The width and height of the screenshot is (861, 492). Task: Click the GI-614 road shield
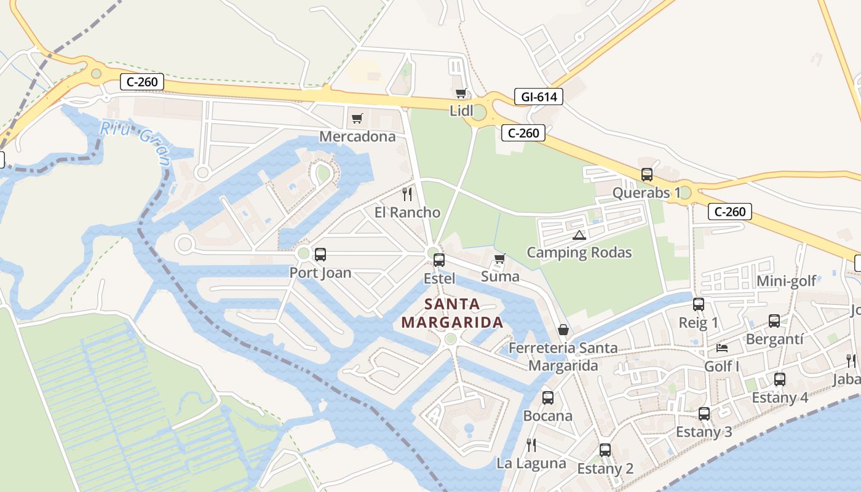[539, 97]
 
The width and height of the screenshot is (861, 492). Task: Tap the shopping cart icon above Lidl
[461, 93]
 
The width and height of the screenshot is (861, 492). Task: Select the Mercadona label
[357, 137]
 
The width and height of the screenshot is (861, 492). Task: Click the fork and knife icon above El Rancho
[407, 194]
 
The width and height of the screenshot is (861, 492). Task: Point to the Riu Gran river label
[136, 143]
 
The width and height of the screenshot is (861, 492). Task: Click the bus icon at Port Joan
[320, 255]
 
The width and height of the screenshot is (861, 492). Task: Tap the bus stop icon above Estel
[439, 260]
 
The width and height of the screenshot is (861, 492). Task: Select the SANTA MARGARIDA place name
[452, 313]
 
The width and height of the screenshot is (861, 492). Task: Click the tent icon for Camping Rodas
[579, 235]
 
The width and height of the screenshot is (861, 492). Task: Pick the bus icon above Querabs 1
[647, 175]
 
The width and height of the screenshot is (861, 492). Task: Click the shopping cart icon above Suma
[499, 258]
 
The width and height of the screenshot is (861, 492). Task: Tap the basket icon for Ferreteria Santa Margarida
[563, 330]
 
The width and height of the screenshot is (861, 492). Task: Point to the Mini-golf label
[786, 281]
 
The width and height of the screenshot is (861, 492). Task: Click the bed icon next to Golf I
[722, 348]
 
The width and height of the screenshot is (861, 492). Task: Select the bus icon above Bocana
[548, 398]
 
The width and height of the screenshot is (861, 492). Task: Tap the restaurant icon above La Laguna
[531, 445]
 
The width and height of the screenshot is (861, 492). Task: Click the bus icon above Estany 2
[605, 450]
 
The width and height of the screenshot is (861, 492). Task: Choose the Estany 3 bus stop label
[704, 432]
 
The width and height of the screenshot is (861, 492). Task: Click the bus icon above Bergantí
[774, 321]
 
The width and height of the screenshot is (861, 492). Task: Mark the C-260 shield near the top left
[142, 82]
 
